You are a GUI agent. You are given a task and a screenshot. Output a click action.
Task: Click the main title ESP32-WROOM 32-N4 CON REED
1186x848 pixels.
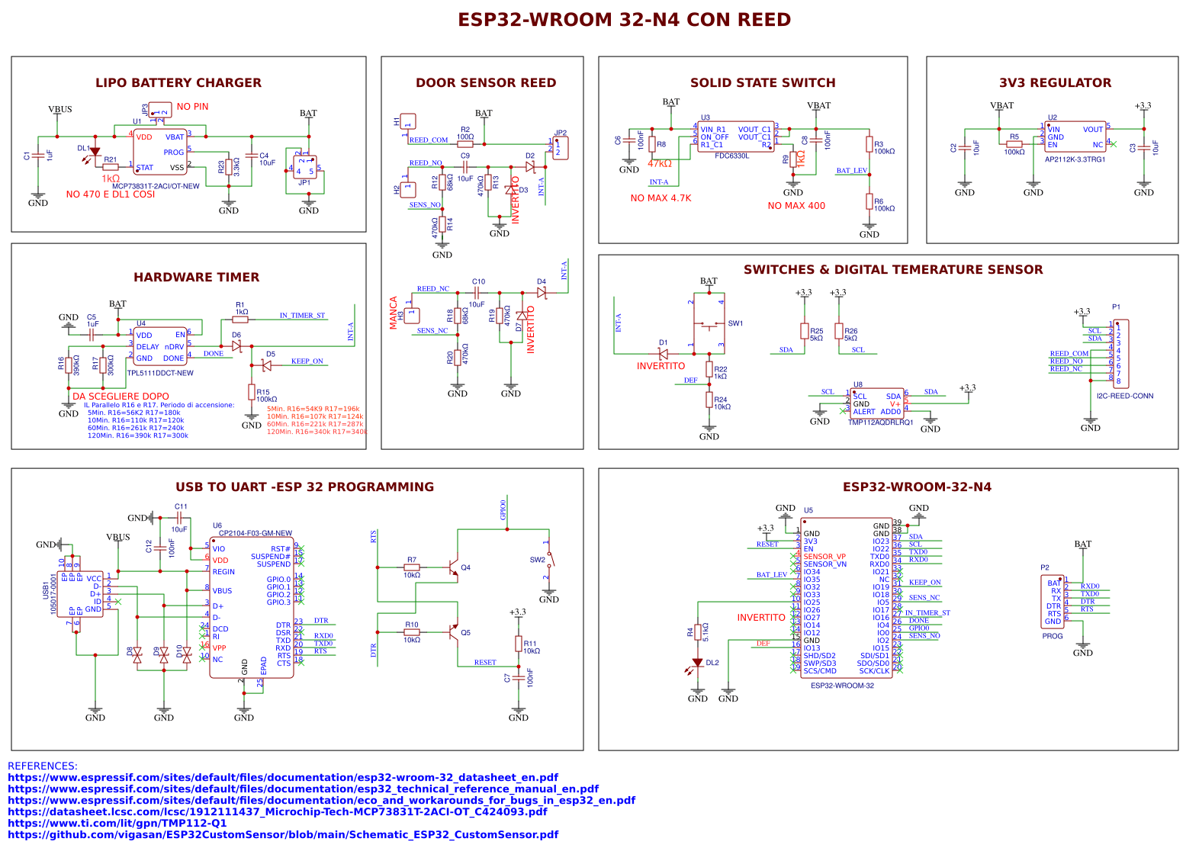pos(624,20)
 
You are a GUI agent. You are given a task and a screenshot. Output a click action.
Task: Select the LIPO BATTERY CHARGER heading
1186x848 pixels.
pos(178,83)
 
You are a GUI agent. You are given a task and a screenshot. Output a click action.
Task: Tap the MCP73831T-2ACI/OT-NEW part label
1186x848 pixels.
pos(156,186)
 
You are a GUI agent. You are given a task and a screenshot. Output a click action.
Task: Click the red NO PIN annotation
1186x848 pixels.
pos(192,107)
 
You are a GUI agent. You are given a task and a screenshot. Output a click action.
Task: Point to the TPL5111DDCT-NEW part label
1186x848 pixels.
pos(160,373)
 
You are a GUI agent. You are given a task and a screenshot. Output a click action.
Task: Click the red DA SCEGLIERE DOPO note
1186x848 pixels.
pos(121,397)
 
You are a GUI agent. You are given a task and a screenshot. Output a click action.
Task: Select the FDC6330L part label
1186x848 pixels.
pos(731,156)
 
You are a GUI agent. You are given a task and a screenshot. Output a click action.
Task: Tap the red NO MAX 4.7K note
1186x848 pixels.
pos(660,198)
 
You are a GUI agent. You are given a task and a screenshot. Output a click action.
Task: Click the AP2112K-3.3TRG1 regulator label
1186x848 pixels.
pos(1075,159)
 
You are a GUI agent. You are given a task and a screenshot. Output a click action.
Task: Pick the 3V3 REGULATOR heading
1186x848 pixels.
pos(1055,83)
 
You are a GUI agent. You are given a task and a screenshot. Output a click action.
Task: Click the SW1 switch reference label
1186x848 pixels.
pos(734,323)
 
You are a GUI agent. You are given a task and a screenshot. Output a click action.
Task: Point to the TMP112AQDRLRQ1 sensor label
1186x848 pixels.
pos(880,422)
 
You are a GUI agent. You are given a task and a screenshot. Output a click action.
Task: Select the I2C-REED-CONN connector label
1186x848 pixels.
pos(1124,396)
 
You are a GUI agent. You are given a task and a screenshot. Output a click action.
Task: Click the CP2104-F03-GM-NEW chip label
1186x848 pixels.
pos(255,533)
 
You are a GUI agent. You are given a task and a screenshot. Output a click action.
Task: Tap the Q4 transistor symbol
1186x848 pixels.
pos(454,568)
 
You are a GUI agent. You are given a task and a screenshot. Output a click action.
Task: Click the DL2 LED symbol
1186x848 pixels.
pos(697,663)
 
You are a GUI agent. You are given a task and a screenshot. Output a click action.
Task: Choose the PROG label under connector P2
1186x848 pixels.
pos(1052,636)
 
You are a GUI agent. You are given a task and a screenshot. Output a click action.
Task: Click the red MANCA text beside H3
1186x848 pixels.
pos(394,313)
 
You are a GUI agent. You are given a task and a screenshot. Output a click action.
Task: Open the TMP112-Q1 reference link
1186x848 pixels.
pos(117,824)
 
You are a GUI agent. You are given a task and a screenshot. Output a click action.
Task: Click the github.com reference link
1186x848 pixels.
pos(282,835)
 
